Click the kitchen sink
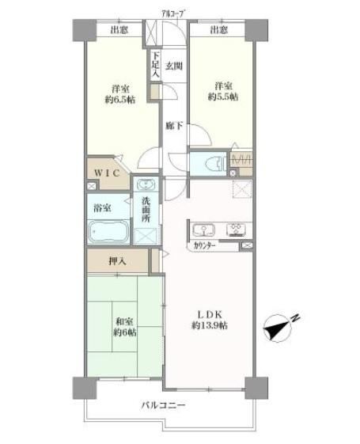tap(203, 230)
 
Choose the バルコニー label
tap(164, 406)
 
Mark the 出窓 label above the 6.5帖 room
tap(120, 31)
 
